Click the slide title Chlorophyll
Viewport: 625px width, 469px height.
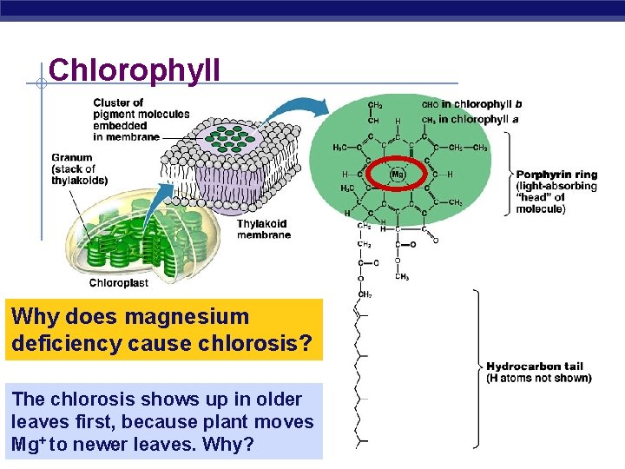(x=135, y=69)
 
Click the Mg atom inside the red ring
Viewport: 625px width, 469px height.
(x=398, y=174)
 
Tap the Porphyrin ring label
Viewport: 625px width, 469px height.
(x=556, y=174)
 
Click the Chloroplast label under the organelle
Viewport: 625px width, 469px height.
(x=119, y=282)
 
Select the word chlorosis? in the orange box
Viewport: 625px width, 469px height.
(x=260, y=344)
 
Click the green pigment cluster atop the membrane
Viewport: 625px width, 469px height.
(x=233, y=139)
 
